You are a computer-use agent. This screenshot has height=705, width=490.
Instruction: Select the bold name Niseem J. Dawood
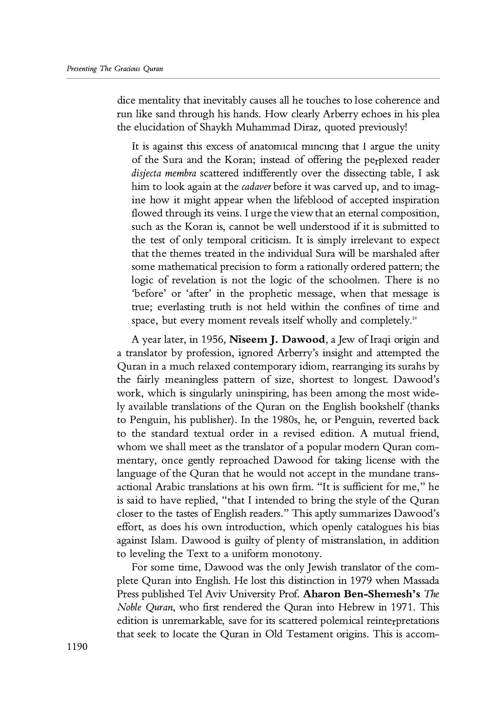(x=277, y=340)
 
